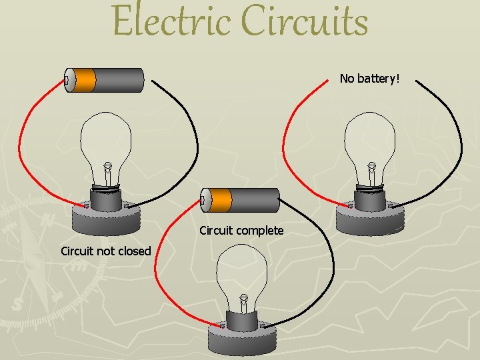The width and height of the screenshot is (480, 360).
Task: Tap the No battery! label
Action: (369, 79)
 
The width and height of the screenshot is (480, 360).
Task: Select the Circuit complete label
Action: (241, 231)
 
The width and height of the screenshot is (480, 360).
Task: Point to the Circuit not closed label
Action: (105, 251)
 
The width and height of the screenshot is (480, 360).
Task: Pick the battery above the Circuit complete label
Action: (240, 199)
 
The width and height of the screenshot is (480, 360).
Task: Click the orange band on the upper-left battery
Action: (85, 81)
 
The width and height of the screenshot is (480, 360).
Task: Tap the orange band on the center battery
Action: (221, 199)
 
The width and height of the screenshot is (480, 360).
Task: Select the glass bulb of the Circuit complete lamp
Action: (243, 270)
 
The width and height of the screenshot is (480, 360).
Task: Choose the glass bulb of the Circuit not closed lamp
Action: (107, 140)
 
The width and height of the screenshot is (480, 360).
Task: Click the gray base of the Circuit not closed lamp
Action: (107, 217)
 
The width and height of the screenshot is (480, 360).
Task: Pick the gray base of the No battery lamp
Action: (370, 217)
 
